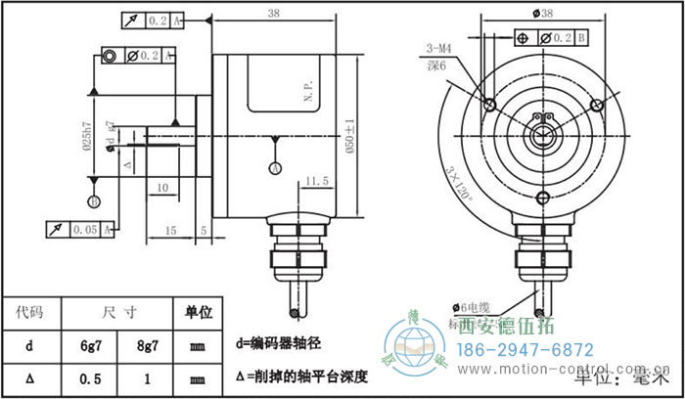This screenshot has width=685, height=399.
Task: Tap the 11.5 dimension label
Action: pyautogui.click(x=315, y=182)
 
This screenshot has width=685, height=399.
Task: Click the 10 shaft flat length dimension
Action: pyautogui.click(x=161, y=186)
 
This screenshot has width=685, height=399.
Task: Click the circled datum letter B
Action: pyautogui.click(x=94, y=201)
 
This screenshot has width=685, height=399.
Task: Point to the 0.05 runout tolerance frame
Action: pyautogui.click(x=83, y=229)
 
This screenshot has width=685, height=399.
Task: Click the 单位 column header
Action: pyautogui.click(x=200, y=313)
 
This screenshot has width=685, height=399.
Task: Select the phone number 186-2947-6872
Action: pyautogui.click(x=526, y=349)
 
